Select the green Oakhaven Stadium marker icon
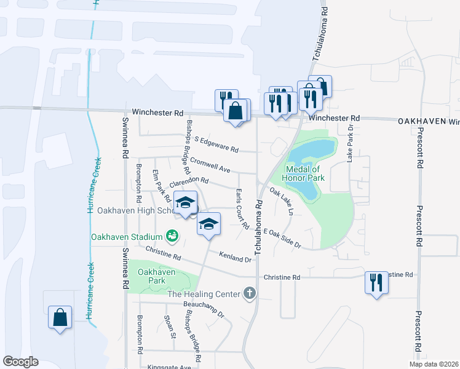pyautogui.click(x=172, y=235)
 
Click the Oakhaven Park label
pyautogui.click(x=156, y=276)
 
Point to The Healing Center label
pyautogui.click(x=204, y=294)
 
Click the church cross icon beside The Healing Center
pyautogui.click(x=249, y=293)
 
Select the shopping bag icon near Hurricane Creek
pyautogui.click(x=60, y=317)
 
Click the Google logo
pyautogui.click(x=20, y=362)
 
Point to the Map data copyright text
pyautogui.click(x=434, y=363)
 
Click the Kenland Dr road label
pyautogui.click(x=236, y=257)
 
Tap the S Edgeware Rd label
pyautogui.click(x=216, y=144)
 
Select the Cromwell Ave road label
pyautogui.click(x=210, y=164)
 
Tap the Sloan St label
pyautogui.click(x=170, y=327)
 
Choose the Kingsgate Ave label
pyautogui.click(x=168, y=367)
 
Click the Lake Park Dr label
pyautogui.click(x=351, y=148)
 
